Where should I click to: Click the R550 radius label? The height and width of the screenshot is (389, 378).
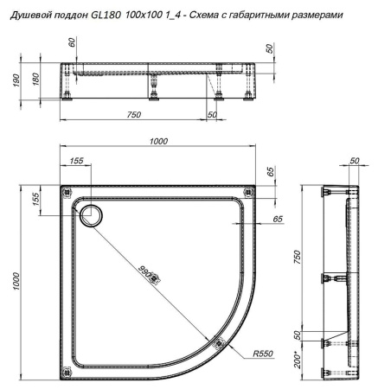(x=265, y=354)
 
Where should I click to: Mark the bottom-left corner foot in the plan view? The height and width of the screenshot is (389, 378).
(x=69, y=372)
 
